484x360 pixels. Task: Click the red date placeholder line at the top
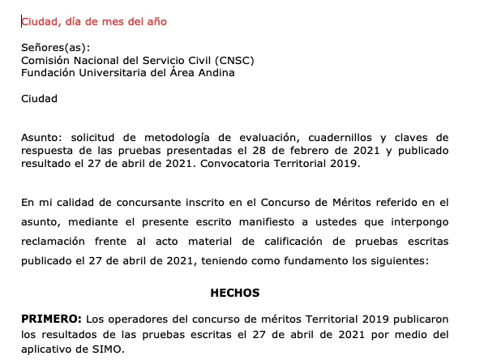tap(94, 21)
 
